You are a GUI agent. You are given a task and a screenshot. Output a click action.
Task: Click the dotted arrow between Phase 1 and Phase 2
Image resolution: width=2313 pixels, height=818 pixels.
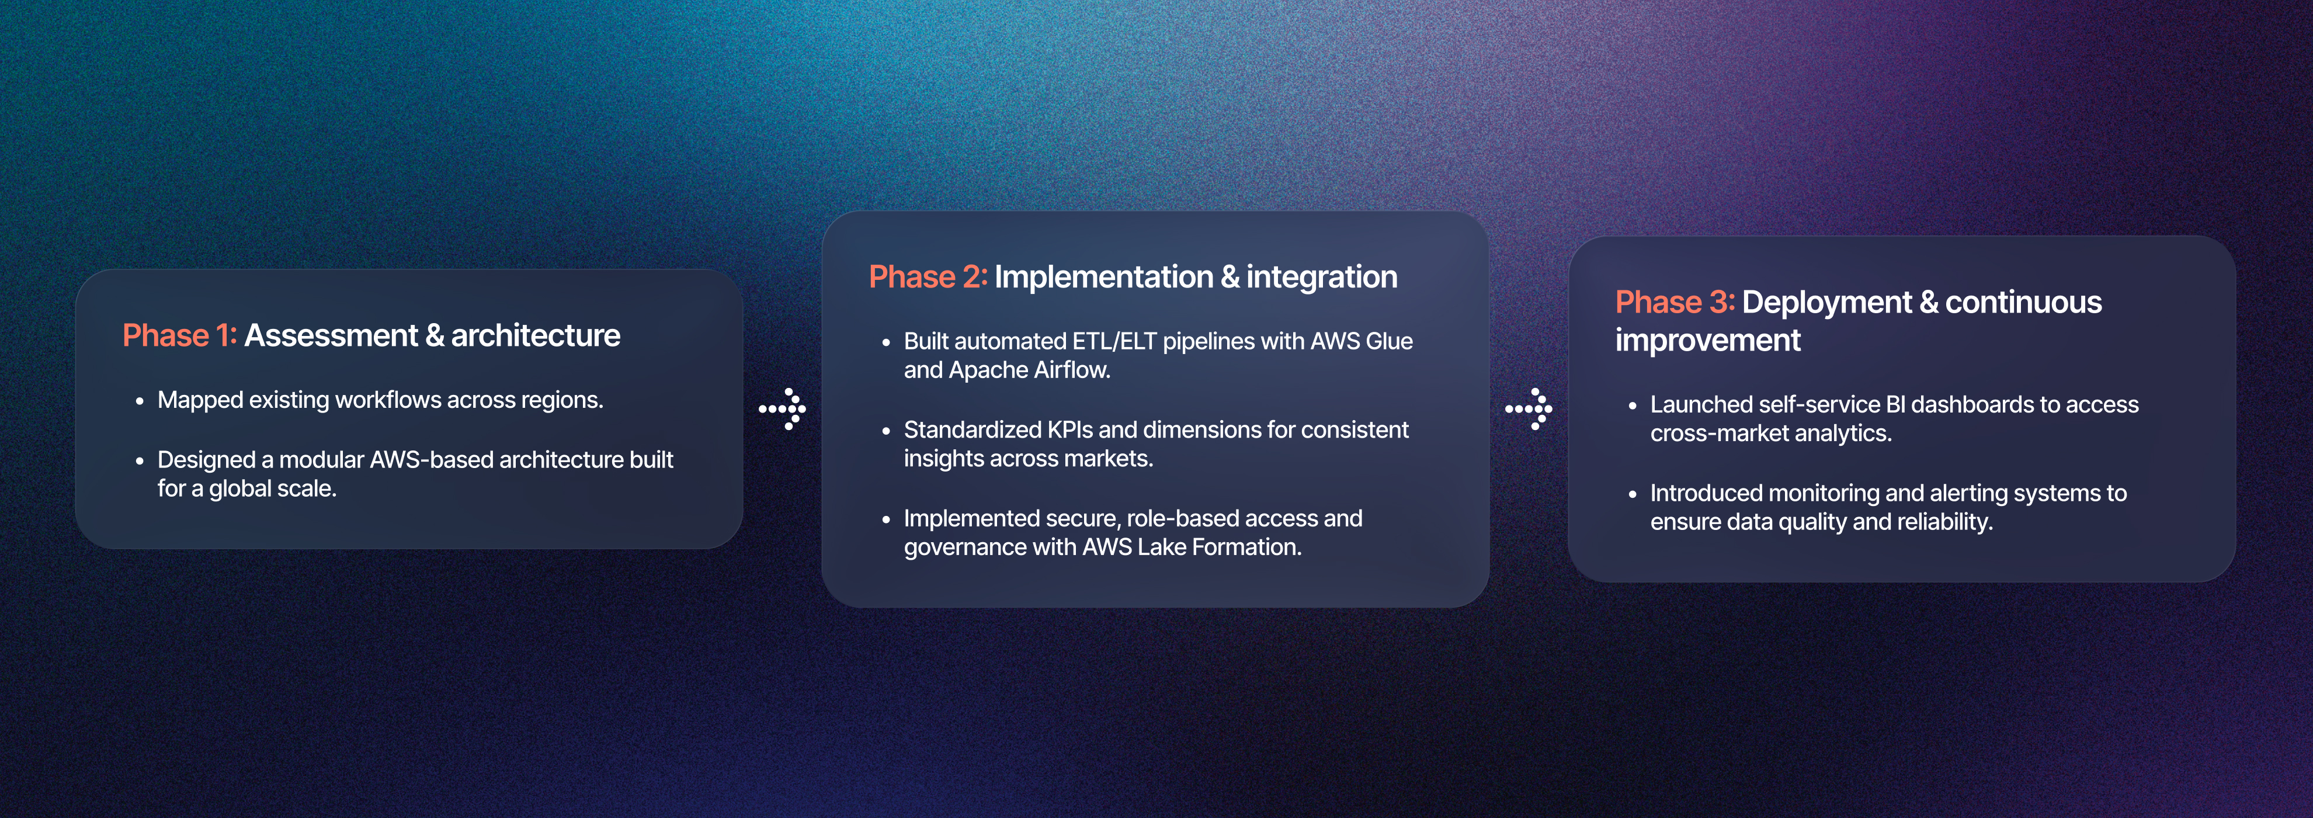click(x=782, y=410)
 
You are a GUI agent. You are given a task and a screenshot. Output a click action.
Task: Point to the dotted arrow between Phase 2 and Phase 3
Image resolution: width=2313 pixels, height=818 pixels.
click(x=1528, y=410)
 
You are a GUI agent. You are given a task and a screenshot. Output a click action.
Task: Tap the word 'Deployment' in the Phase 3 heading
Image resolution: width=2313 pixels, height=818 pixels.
click(x=1826, y=303)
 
